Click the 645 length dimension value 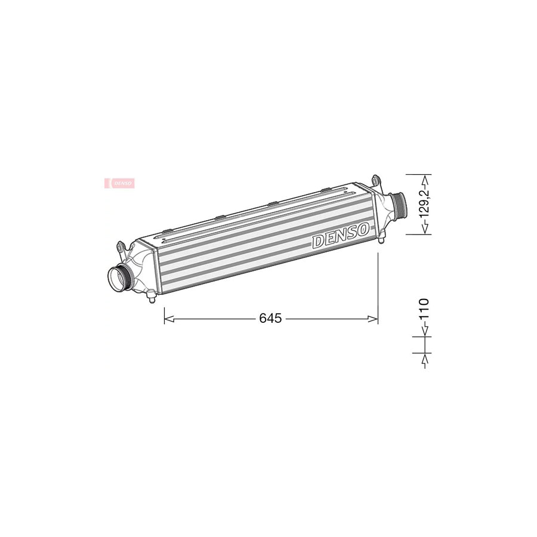point(270,319)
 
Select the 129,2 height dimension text point(424,204)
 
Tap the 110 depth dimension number point(424,310)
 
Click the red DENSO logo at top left point(119,183)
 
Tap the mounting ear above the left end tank point(121,246)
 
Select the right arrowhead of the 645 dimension point(374,319)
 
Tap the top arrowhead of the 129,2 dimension point(424,178)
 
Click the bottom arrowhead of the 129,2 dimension point(424,230)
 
